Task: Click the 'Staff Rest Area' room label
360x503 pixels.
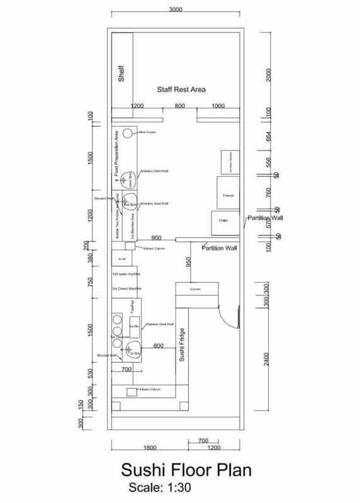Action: point(177,90)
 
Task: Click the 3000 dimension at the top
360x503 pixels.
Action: point(176,10)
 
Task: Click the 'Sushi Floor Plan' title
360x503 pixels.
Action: point(178,471)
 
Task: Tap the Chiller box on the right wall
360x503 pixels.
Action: point(222,221)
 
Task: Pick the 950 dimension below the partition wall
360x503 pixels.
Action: point(188,262)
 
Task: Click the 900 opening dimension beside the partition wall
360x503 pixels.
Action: point(157,238)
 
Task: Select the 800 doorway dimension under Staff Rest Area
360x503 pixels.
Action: point(180,106)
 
